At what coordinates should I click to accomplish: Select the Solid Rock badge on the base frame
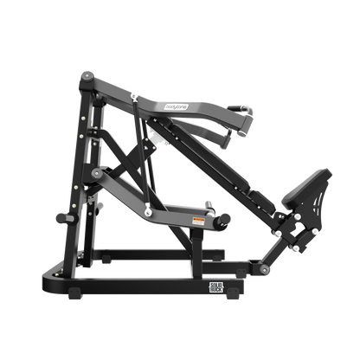(x=216, y=285)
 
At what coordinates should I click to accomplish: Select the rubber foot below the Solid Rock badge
(x=216, y=296)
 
